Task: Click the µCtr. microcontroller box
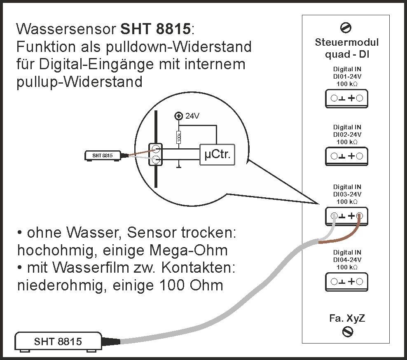(x=217, y=155)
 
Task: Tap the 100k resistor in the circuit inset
(x=178, y=137)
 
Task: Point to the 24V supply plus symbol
(x=178, y=116)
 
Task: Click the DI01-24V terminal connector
(x=346, y=98)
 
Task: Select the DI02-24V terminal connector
(x=346, y=156)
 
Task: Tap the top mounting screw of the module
(x=346, y=28)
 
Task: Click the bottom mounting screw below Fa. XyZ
(x=348, y=331)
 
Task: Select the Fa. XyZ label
(x=347, y=318)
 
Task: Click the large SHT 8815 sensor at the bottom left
(x=58, y=341)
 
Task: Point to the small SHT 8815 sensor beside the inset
(x=103, y=156)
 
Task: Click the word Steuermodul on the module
(x=346, y=42)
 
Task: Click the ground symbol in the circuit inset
(x=178, y=166)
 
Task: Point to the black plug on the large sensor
(x=111, y=341)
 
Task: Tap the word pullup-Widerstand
(x=80, y=82)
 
